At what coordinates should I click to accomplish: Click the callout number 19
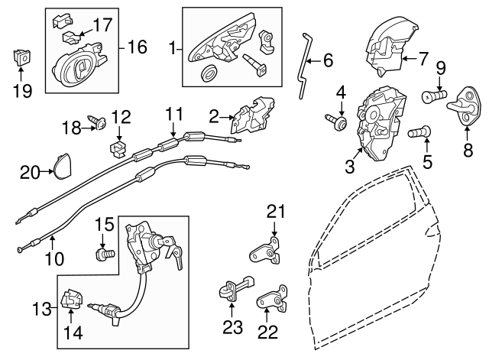pos(23,92)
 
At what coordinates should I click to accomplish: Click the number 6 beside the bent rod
pos(328,60)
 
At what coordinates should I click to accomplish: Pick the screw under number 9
pos(433,97)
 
